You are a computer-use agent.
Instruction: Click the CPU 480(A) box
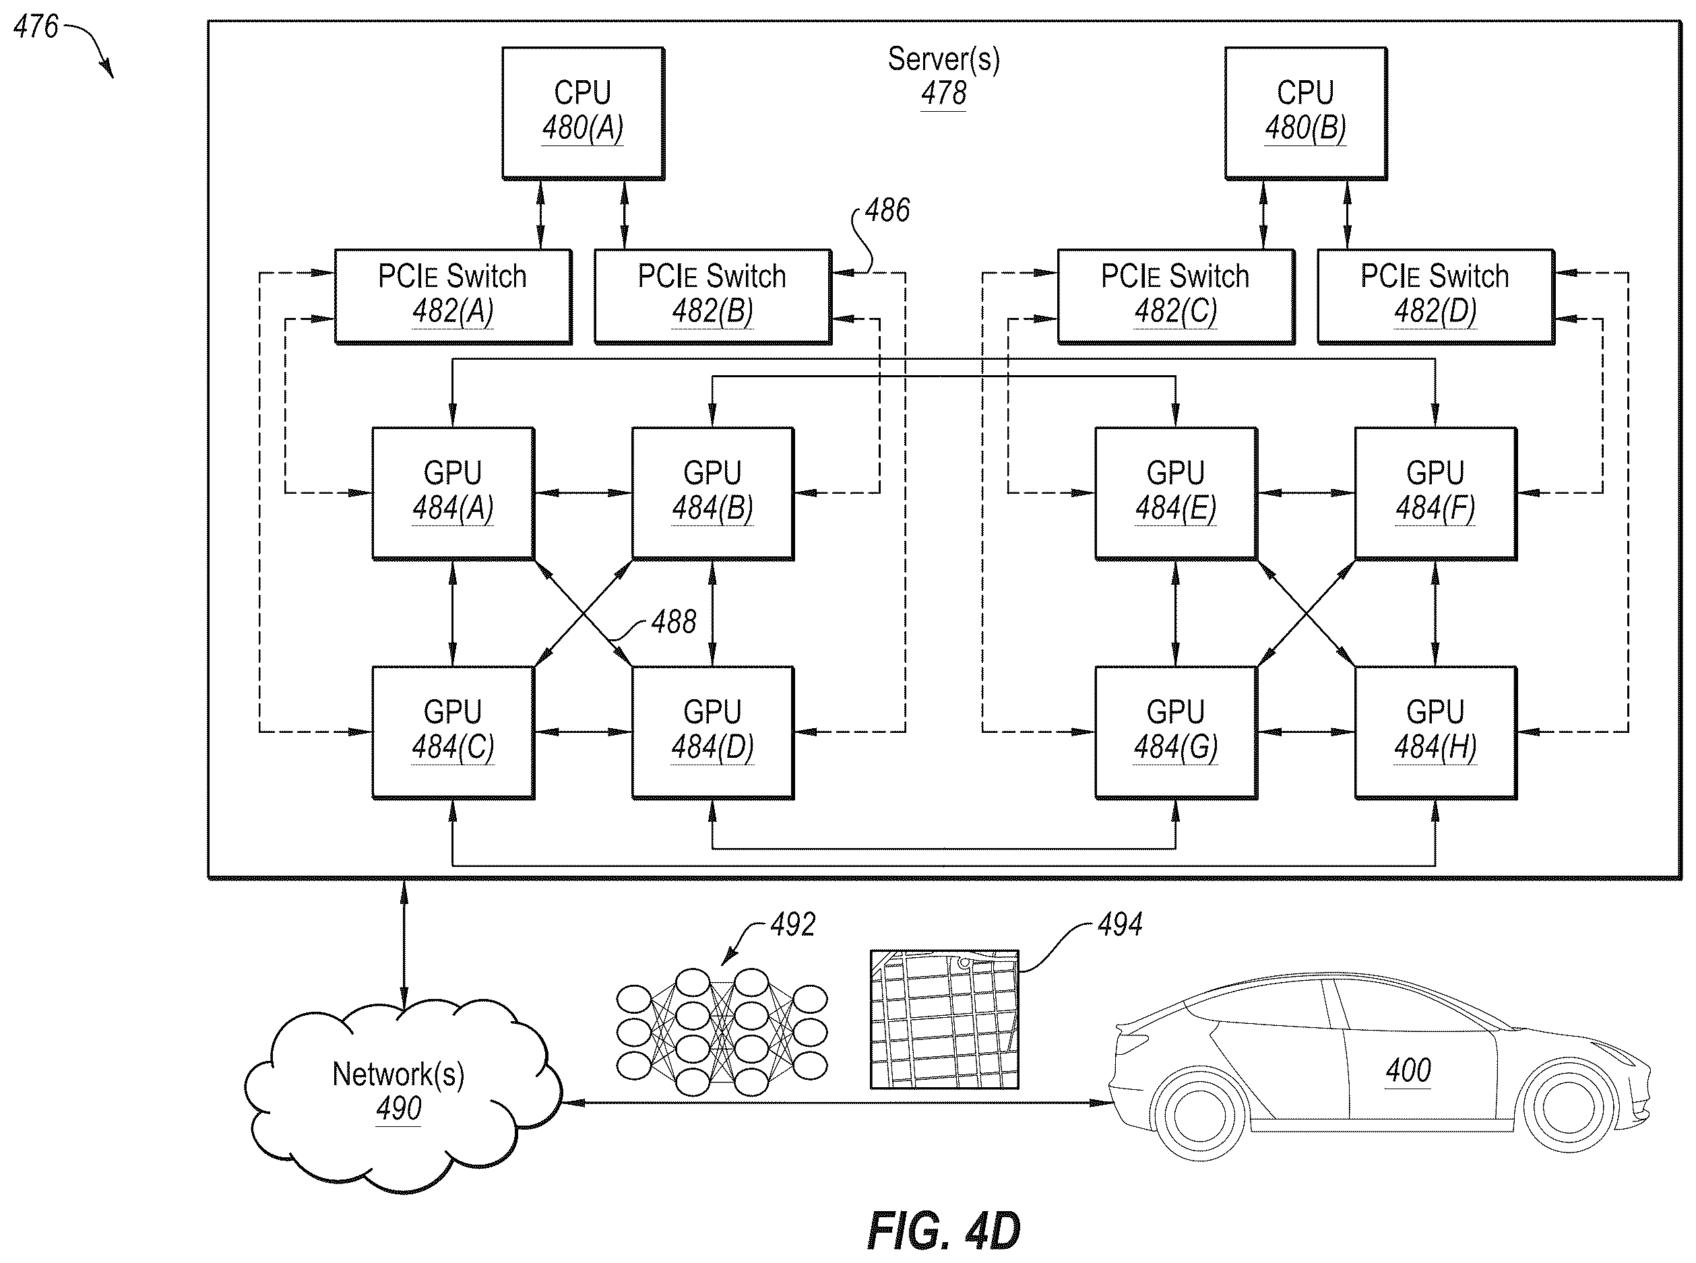tap(583, 113)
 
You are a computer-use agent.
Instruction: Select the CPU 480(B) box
tap(1305, 113)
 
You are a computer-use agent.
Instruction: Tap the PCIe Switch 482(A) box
tap(453, 296)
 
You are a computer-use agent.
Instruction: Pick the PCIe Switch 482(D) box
tap(1435, 296)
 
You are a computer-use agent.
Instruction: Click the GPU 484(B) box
tap(713, 493)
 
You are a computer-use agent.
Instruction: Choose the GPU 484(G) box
tap(1175, 732)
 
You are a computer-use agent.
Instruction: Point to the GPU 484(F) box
tap(1435, 493)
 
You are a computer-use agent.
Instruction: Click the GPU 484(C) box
tap(453, 732)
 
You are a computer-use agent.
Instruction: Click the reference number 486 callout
tap(887, 210)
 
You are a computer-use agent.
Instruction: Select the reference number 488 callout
tap(674, 622)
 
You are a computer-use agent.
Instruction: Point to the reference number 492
tap(793, 924)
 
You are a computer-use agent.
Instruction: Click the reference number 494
tap(1120, 924)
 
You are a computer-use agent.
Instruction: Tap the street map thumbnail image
tap(944, 1019)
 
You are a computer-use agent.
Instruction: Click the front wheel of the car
tap(1567, 1108)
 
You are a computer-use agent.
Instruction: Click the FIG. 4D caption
tap(943, 1231)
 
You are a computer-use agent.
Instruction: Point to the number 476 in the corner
tap(36, 27)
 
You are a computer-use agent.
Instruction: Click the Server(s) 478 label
tap(943, 76)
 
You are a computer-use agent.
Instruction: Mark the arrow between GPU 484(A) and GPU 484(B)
tap(584, 493)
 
